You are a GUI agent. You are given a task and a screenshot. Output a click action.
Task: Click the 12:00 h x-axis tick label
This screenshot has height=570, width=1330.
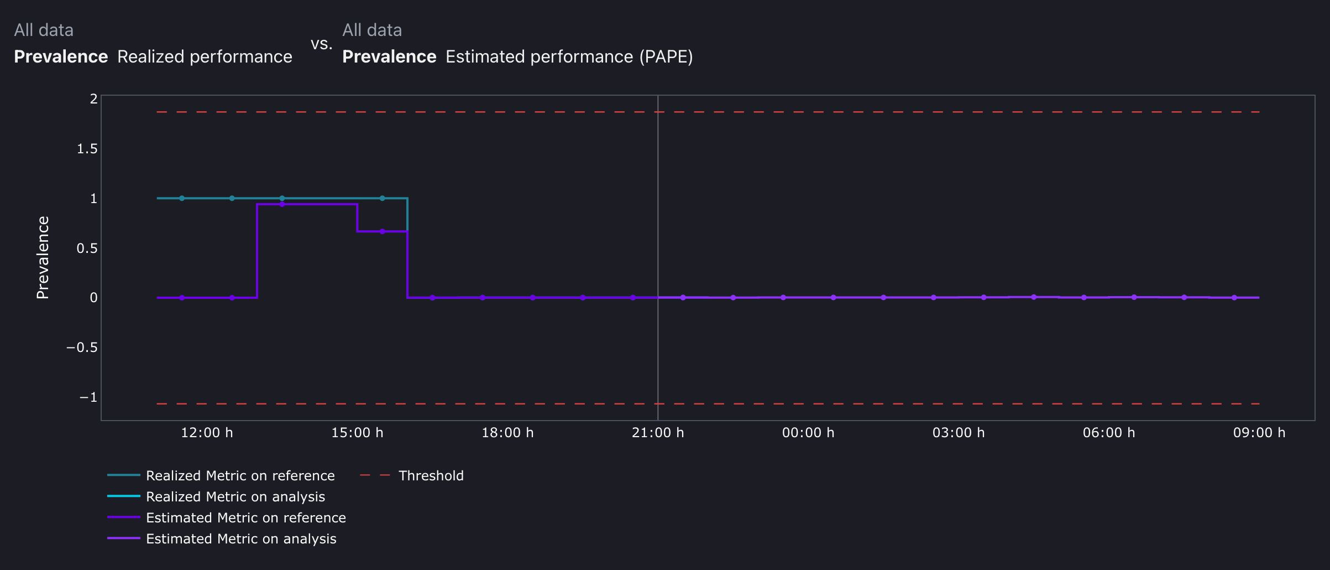207,433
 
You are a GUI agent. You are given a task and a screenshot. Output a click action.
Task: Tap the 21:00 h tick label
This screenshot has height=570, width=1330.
658,433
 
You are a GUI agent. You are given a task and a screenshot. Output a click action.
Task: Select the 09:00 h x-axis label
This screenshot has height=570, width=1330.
1259,433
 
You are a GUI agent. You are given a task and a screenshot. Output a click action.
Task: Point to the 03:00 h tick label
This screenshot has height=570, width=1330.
959,433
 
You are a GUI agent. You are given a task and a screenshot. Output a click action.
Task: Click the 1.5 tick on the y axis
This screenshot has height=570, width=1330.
87,149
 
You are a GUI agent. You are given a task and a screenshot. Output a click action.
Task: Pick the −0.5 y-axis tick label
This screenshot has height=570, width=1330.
82,348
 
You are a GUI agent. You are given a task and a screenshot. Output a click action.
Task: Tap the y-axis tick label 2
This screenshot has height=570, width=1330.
93,99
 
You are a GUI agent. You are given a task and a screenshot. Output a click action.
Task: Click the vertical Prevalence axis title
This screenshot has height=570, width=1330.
43,258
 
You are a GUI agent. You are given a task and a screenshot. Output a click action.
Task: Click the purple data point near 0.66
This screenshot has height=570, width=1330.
382,231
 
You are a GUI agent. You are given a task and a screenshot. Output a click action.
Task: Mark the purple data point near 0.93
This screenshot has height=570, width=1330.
282,204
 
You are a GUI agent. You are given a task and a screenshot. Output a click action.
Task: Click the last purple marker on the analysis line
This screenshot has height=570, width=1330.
1234,298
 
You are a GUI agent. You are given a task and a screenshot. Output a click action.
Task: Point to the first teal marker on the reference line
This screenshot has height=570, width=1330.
182,198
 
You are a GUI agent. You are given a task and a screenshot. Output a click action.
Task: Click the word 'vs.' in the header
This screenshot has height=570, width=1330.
321,44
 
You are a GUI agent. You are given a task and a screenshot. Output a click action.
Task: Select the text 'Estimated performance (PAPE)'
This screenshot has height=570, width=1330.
569,57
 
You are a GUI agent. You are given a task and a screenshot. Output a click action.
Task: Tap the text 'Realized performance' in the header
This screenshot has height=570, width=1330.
205,57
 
